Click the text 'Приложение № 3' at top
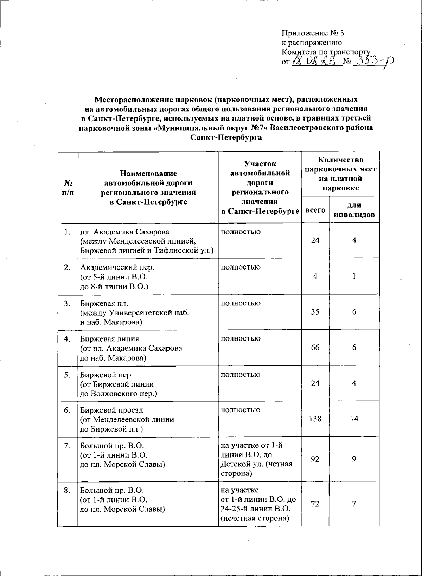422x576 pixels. (x=312, y=33)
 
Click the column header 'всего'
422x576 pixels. (x=315, y=210)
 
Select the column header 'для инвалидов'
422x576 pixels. (x=354, y=210)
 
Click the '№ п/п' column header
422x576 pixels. (x=68, y=188)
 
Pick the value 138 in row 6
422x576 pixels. (x=315, y=419)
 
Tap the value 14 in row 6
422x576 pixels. (x=354, y=419)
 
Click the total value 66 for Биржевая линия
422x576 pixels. (x=315, y=348)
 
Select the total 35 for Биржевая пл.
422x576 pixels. (x=315, y=312)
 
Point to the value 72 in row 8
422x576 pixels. (x=315, y=504)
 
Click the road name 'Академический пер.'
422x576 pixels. (x=117, y=267)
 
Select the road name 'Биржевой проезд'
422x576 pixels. (x=111, y=410)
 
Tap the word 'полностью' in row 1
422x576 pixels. (x=241, y=232)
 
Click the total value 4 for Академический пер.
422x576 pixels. (x=315, y=276)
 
